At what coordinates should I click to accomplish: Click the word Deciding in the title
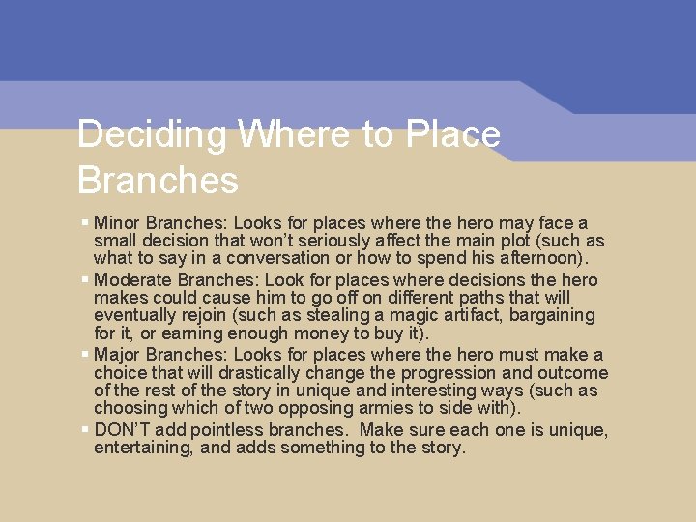[x=152, y=134]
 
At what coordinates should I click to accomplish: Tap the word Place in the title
[x=453, y=134]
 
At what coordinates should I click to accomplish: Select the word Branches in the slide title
[x=158, y=181]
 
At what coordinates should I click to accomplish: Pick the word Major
[x=116, y=355]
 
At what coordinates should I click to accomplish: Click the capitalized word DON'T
[x=122, y=430]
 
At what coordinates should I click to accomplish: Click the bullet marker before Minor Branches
[x=86, y=222]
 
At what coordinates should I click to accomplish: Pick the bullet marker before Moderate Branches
[x=86, y=279]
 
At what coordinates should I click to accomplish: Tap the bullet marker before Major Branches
[x=86, y=354]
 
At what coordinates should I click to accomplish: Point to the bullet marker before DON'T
[x=86, y=429]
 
